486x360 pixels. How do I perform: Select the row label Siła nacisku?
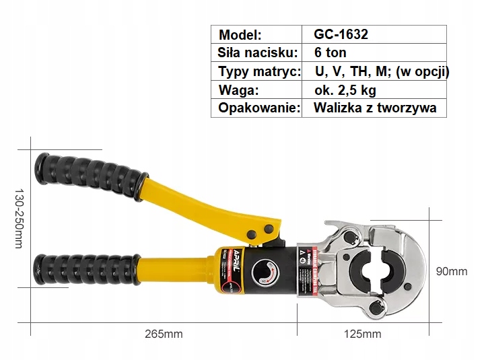tap(256, 52)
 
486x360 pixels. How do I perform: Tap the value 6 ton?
tap(330, 52)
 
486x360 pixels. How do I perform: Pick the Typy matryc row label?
tap(258, 71)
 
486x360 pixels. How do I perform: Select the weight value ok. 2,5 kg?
tap(345, 89)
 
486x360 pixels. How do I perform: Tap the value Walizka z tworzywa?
tap(375, 108)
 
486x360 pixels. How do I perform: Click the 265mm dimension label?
tap(164, 334)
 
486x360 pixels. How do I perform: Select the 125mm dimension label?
tap(363, 334)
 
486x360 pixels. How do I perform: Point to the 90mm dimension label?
tap(452, 271)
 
